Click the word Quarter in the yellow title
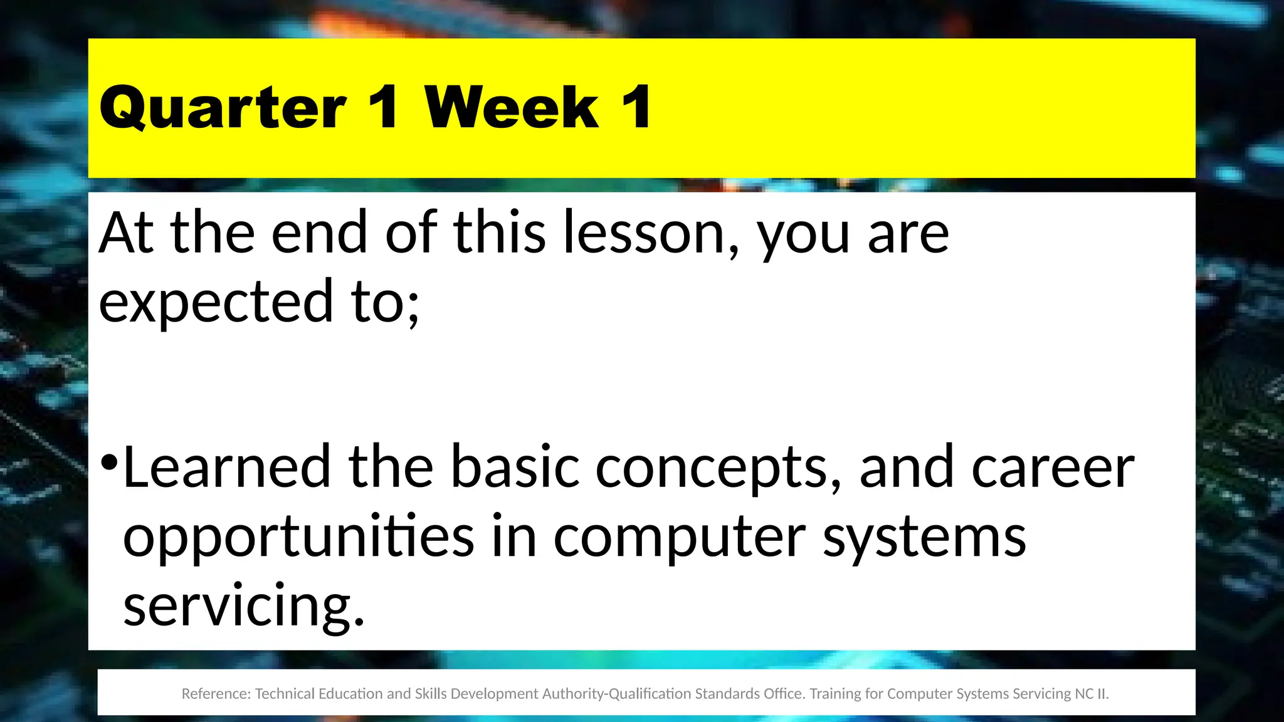pos(223,108)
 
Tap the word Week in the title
pos(512,108)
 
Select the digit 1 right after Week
pos(637,108)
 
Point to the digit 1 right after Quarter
pos(383,108)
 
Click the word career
pos(1053,469)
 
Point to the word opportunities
pos(298,537)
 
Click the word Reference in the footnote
pos(216,694)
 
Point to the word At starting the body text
pos(125,233)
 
